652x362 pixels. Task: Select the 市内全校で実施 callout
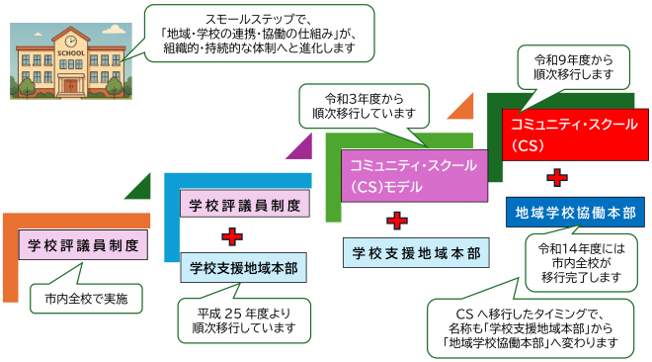click(86, 295)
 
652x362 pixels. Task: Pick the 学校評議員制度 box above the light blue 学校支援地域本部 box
click(245, 206)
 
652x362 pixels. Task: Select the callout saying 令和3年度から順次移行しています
click(365, 107)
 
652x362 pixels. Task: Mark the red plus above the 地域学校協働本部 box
click(557, 179)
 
